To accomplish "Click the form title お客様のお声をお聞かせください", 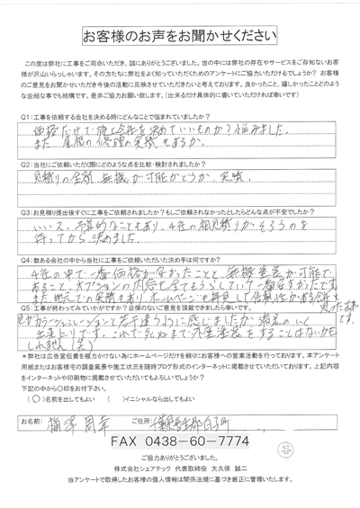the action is click(180, 36).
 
